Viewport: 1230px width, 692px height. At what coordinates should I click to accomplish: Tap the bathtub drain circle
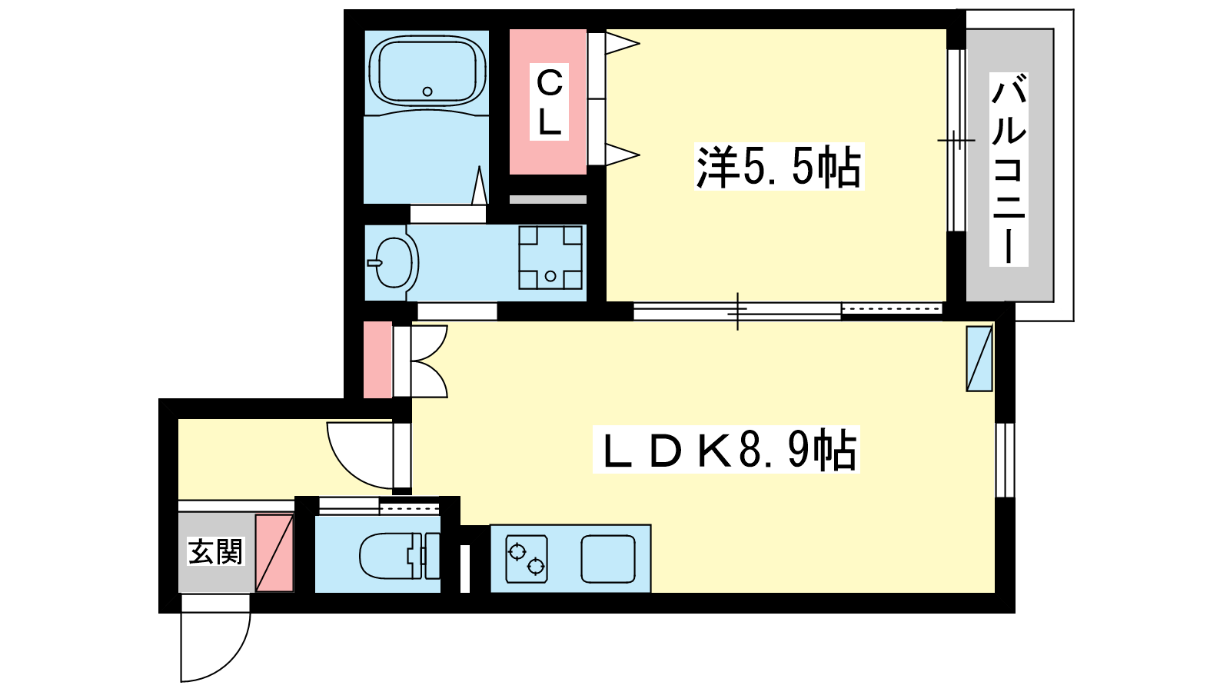pyautogui.click(x=427, y=91)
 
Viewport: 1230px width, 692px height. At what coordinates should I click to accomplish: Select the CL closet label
pyautogui.click(x=549, y=102)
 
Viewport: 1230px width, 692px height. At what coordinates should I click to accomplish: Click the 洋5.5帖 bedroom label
pyautogui.click(x=780, y=167)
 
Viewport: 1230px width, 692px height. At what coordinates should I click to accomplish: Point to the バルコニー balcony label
pyautogui.click(x=1009, y=170)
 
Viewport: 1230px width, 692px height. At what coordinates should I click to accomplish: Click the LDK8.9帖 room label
pyautogui.click(x=726, y=449)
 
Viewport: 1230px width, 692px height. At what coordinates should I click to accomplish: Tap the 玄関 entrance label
pyautogui.click(x=215, y=551)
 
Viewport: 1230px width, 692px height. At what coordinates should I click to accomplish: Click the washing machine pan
pyautogui.click(x=550, y=258)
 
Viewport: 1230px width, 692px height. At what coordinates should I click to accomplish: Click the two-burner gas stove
pyautogui.click(x=527, y=558)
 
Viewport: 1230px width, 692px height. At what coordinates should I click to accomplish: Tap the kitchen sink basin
pyautogui.click(x=608, y=558)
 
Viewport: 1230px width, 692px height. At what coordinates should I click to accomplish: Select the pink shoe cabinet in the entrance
pyautogui.click(x=274, y=553)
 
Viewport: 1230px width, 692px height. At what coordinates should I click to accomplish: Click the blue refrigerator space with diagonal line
pyautogui.click(x=979, y=358)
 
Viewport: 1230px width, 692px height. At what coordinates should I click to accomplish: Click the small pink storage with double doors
pyautogui.click(x=377, y=360)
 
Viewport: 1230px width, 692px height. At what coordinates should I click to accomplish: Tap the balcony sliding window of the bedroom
pyautogui.click(x=956, y=141)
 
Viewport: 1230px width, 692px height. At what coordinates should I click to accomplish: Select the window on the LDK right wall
pyautogui.click(x=1006, y=460)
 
